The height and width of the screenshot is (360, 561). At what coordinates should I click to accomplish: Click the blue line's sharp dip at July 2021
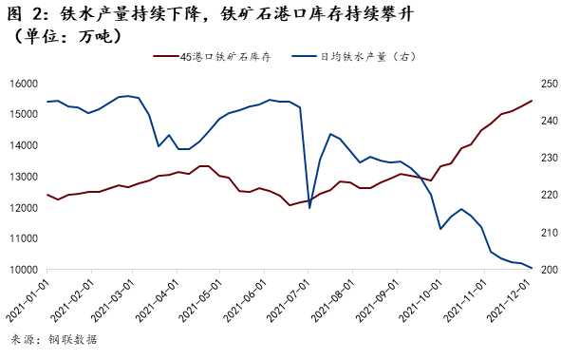pos(309,208)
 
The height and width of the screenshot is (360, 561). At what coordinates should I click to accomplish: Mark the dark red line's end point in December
pos(532,100)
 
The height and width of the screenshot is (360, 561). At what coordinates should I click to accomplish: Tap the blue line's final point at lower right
pos(532,269)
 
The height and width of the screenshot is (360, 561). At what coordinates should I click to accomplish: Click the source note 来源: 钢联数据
pos(53,339)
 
